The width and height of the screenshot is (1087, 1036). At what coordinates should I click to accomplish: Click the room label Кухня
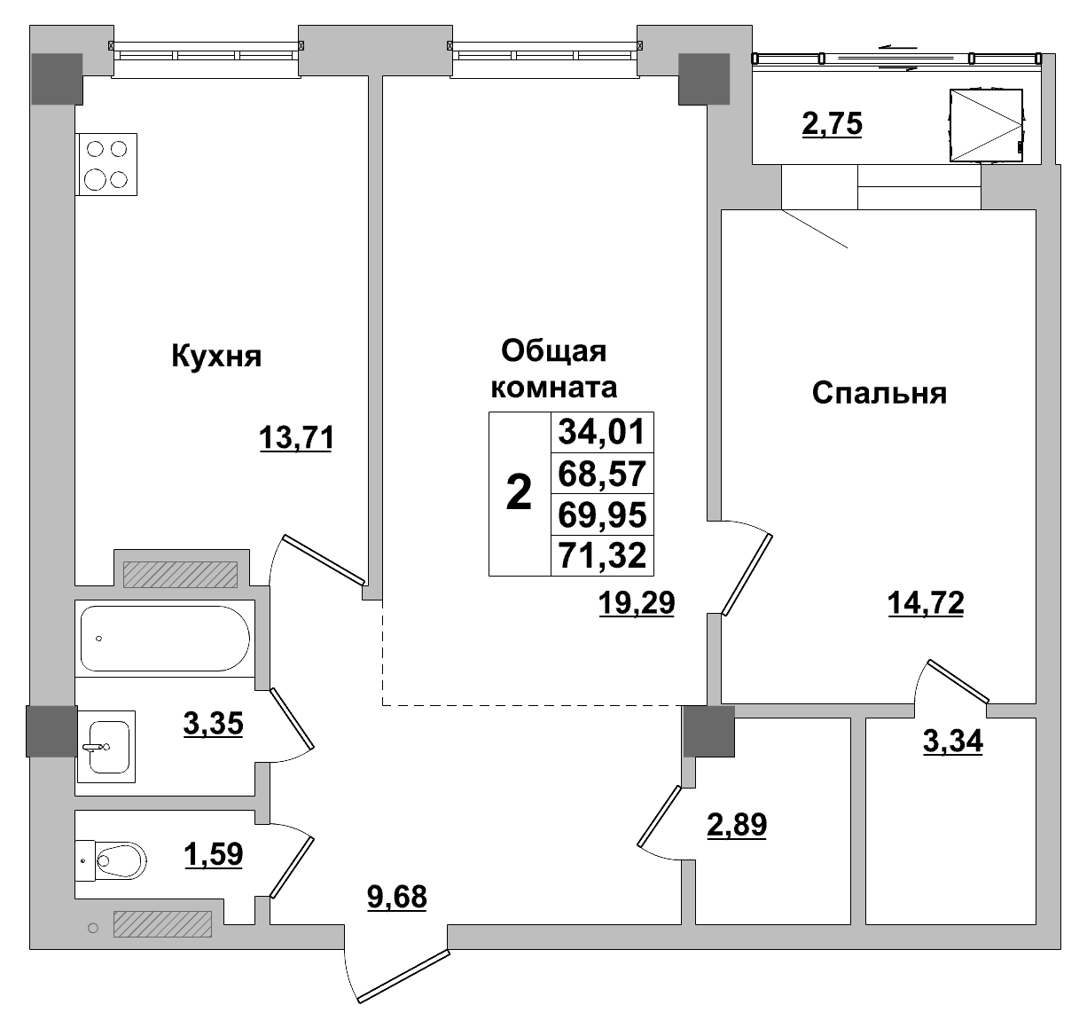pyautogui.click(x=216, y=357)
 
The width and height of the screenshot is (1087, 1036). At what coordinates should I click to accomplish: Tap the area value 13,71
pyautogui.click(x=296, y=437)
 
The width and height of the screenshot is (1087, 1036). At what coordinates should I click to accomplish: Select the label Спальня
pyautogui.click(x=879, y=392)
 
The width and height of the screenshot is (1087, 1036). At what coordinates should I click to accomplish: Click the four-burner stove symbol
pyautogui.click(x=106, y=164)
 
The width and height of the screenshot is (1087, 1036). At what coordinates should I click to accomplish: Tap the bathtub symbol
pyautogui.click(x=164, y=638)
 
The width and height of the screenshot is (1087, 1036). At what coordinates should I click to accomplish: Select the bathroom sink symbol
pyautogui.click(x=106, y=745)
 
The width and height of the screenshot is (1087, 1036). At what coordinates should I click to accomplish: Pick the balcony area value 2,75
pyautogui.click(x=831, y=124)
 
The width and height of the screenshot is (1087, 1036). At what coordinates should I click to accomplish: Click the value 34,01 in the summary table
pyautogui.click(x=602, y=434)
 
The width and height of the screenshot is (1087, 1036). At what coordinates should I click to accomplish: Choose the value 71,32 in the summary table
pyautogui.click(x=602, y=556)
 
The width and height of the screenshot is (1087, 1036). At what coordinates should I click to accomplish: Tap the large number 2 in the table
pyautogui.click(x=519, y=493)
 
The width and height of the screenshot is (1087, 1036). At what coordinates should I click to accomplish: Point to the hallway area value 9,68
pyautogui.click(x=396, y=897)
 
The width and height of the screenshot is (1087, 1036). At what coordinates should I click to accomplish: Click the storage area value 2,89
pyautogui.click(x=736, y=825)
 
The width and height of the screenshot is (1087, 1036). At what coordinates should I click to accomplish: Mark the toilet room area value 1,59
pyautogui.click(x=213, y=855)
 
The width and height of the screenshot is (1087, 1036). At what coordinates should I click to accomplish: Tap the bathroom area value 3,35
pyautogui.click(x=213, y=724)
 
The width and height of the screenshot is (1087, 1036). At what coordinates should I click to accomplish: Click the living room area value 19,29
pyautogui.click(x=637, y=603)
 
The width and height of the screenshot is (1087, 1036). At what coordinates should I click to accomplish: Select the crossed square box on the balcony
pyautogui.click(x=985, y=126)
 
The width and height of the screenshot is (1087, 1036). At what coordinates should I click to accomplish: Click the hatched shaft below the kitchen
pyautogui.click(x=180, y=575)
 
